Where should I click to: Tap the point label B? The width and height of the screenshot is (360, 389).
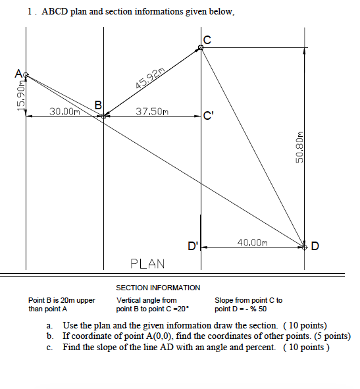coord(98,105)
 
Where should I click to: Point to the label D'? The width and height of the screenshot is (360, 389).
coord(193,247)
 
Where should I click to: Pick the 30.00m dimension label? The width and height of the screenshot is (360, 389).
coord(64,112)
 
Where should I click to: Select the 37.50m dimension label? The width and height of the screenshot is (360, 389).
coord(151,112)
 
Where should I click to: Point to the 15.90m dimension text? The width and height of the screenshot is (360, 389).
coord(21,95)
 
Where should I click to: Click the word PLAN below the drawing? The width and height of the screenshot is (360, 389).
coord(148,263)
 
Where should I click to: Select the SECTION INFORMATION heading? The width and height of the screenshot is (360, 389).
coord(158,288)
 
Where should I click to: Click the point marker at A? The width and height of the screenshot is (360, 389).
coord(26,76)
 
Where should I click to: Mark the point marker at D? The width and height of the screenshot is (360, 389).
coord(305,247)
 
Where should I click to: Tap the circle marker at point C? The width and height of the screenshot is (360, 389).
coord(201,47)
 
